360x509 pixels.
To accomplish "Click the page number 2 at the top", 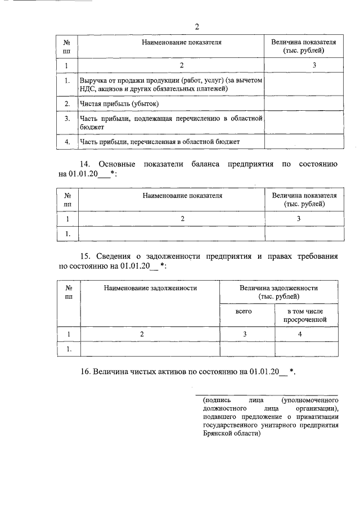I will [x=196, y=27].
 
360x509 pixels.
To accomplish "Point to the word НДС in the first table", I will [x=88, y=89].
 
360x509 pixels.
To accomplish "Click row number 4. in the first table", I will [x=67, y=142].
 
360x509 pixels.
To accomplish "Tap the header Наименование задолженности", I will [x=150, y=287].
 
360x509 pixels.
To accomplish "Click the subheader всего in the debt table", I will [x=247, y=310].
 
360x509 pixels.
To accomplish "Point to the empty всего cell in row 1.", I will [x=247, y=349].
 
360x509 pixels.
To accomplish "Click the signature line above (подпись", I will [x=267, y=395].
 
